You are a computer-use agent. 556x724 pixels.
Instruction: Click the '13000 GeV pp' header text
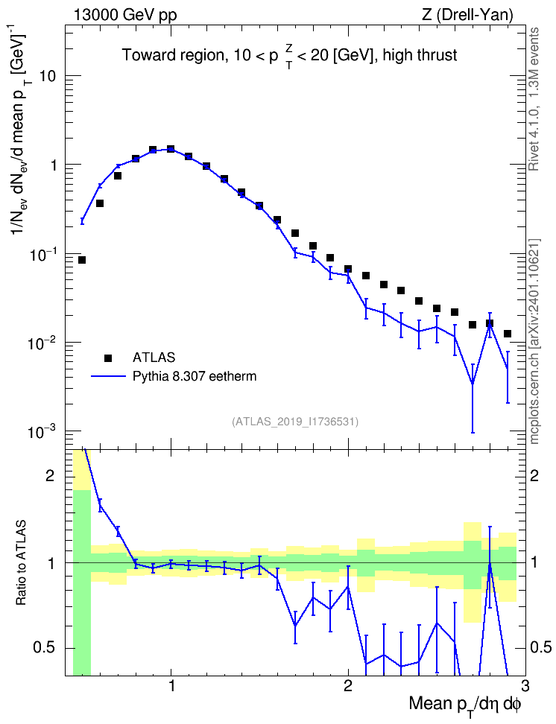(x=125, y=15)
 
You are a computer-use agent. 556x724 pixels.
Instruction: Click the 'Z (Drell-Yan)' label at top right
(x=467, y=15)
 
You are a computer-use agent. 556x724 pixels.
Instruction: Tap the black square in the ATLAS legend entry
(x=108, y=358)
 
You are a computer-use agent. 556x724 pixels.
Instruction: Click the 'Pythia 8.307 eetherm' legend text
(x=195, y=376)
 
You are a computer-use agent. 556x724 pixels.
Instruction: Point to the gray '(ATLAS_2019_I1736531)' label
(x=295, y=421)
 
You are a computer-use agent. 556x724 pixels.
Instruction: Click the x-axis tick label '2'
(x=348, y=688)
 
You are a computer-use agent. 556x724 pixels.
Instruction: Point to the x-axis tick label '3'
(x=525, y=688)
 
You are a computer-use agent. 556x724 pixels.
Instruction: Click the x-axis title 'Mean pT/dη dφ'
(x=465, y=705)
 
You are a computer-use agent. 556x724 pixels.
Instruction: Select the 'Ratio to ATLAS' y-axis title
(x=22, y=563)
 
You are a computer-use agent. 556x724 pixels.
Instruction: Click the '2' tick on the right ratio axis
(x=534, y=475)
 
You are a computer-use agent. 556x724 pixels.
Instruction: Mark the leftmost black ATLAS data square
(x=82, y=260)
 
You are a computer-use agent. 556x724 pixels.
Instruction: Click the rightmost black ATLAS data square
(x=508, y=334)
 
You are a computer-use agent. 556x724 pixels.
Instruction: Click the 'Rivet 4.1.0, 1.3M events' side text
(x=534, y=99)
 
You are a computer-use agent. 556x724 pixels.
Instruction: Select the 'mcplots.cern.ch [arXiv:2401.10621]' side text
(x=534, y=342)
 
